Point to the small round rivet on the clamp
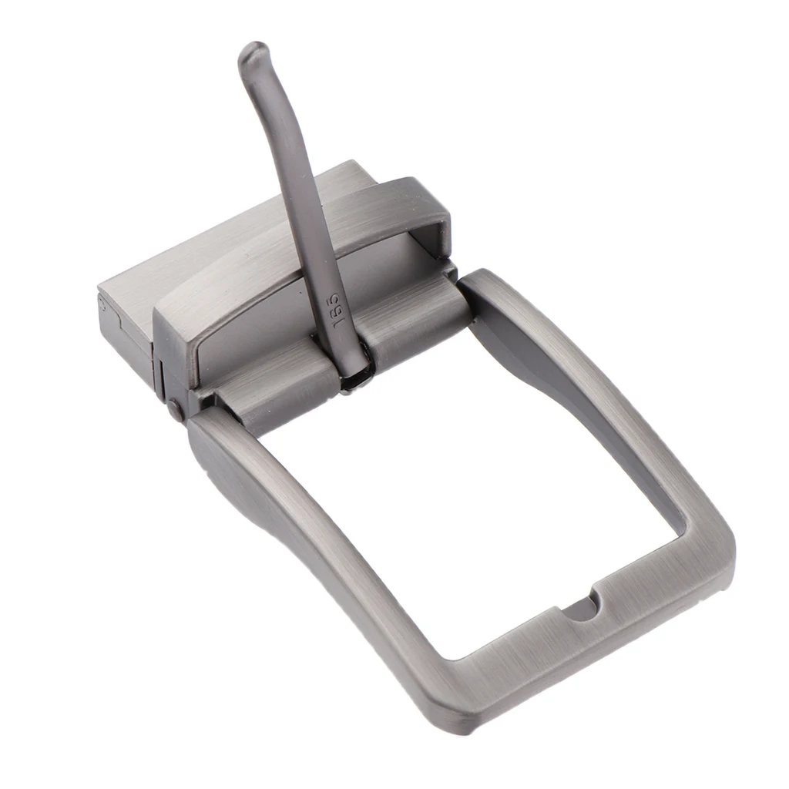(175, 410)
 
